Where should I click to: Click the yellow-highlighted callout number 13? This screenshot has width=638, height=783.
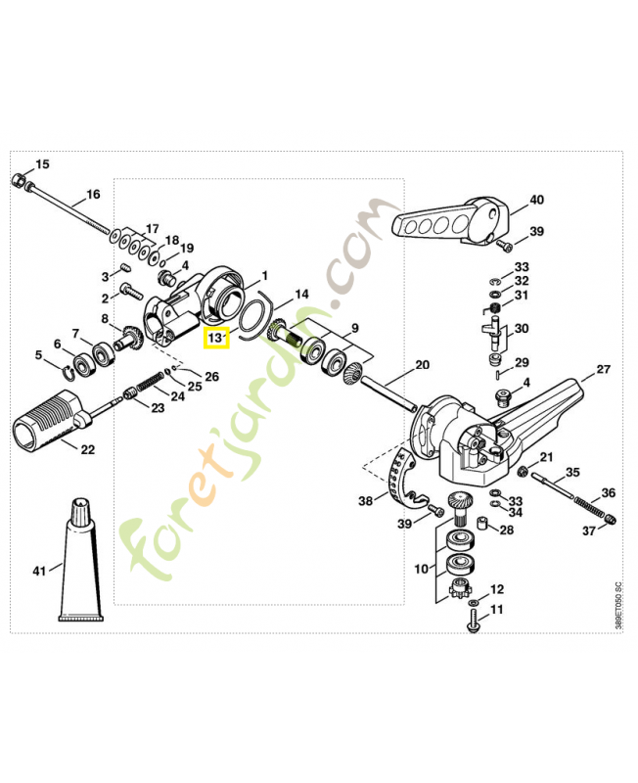pyautogui.click(x=214, y=339)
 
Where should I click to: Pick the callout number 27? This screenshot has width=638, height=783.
pyautogui.click(x=603, y=370)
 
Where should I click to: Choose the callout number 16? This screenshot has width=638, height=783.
pyautogui.click(x=93, y=194)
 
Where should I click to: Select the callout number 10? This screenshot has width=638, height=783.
pyautogui.click(x=422, y=568)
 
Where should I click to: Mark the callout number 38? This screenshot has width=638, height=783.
pyautogui.click(x=366, y=501)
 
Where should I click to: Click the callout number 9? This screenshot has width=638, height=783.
pyautogui.click(x=355, y=328)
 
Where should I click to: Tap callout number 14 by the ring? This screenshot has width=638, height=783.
pyautogui.click(x=301, y=294)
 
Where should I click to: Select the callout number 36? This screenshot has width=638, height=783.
pyautogui.click(x=608, y=492)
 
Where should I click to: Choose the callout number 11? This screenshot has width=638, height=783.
pyautogui.click(x=496, y=610)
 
